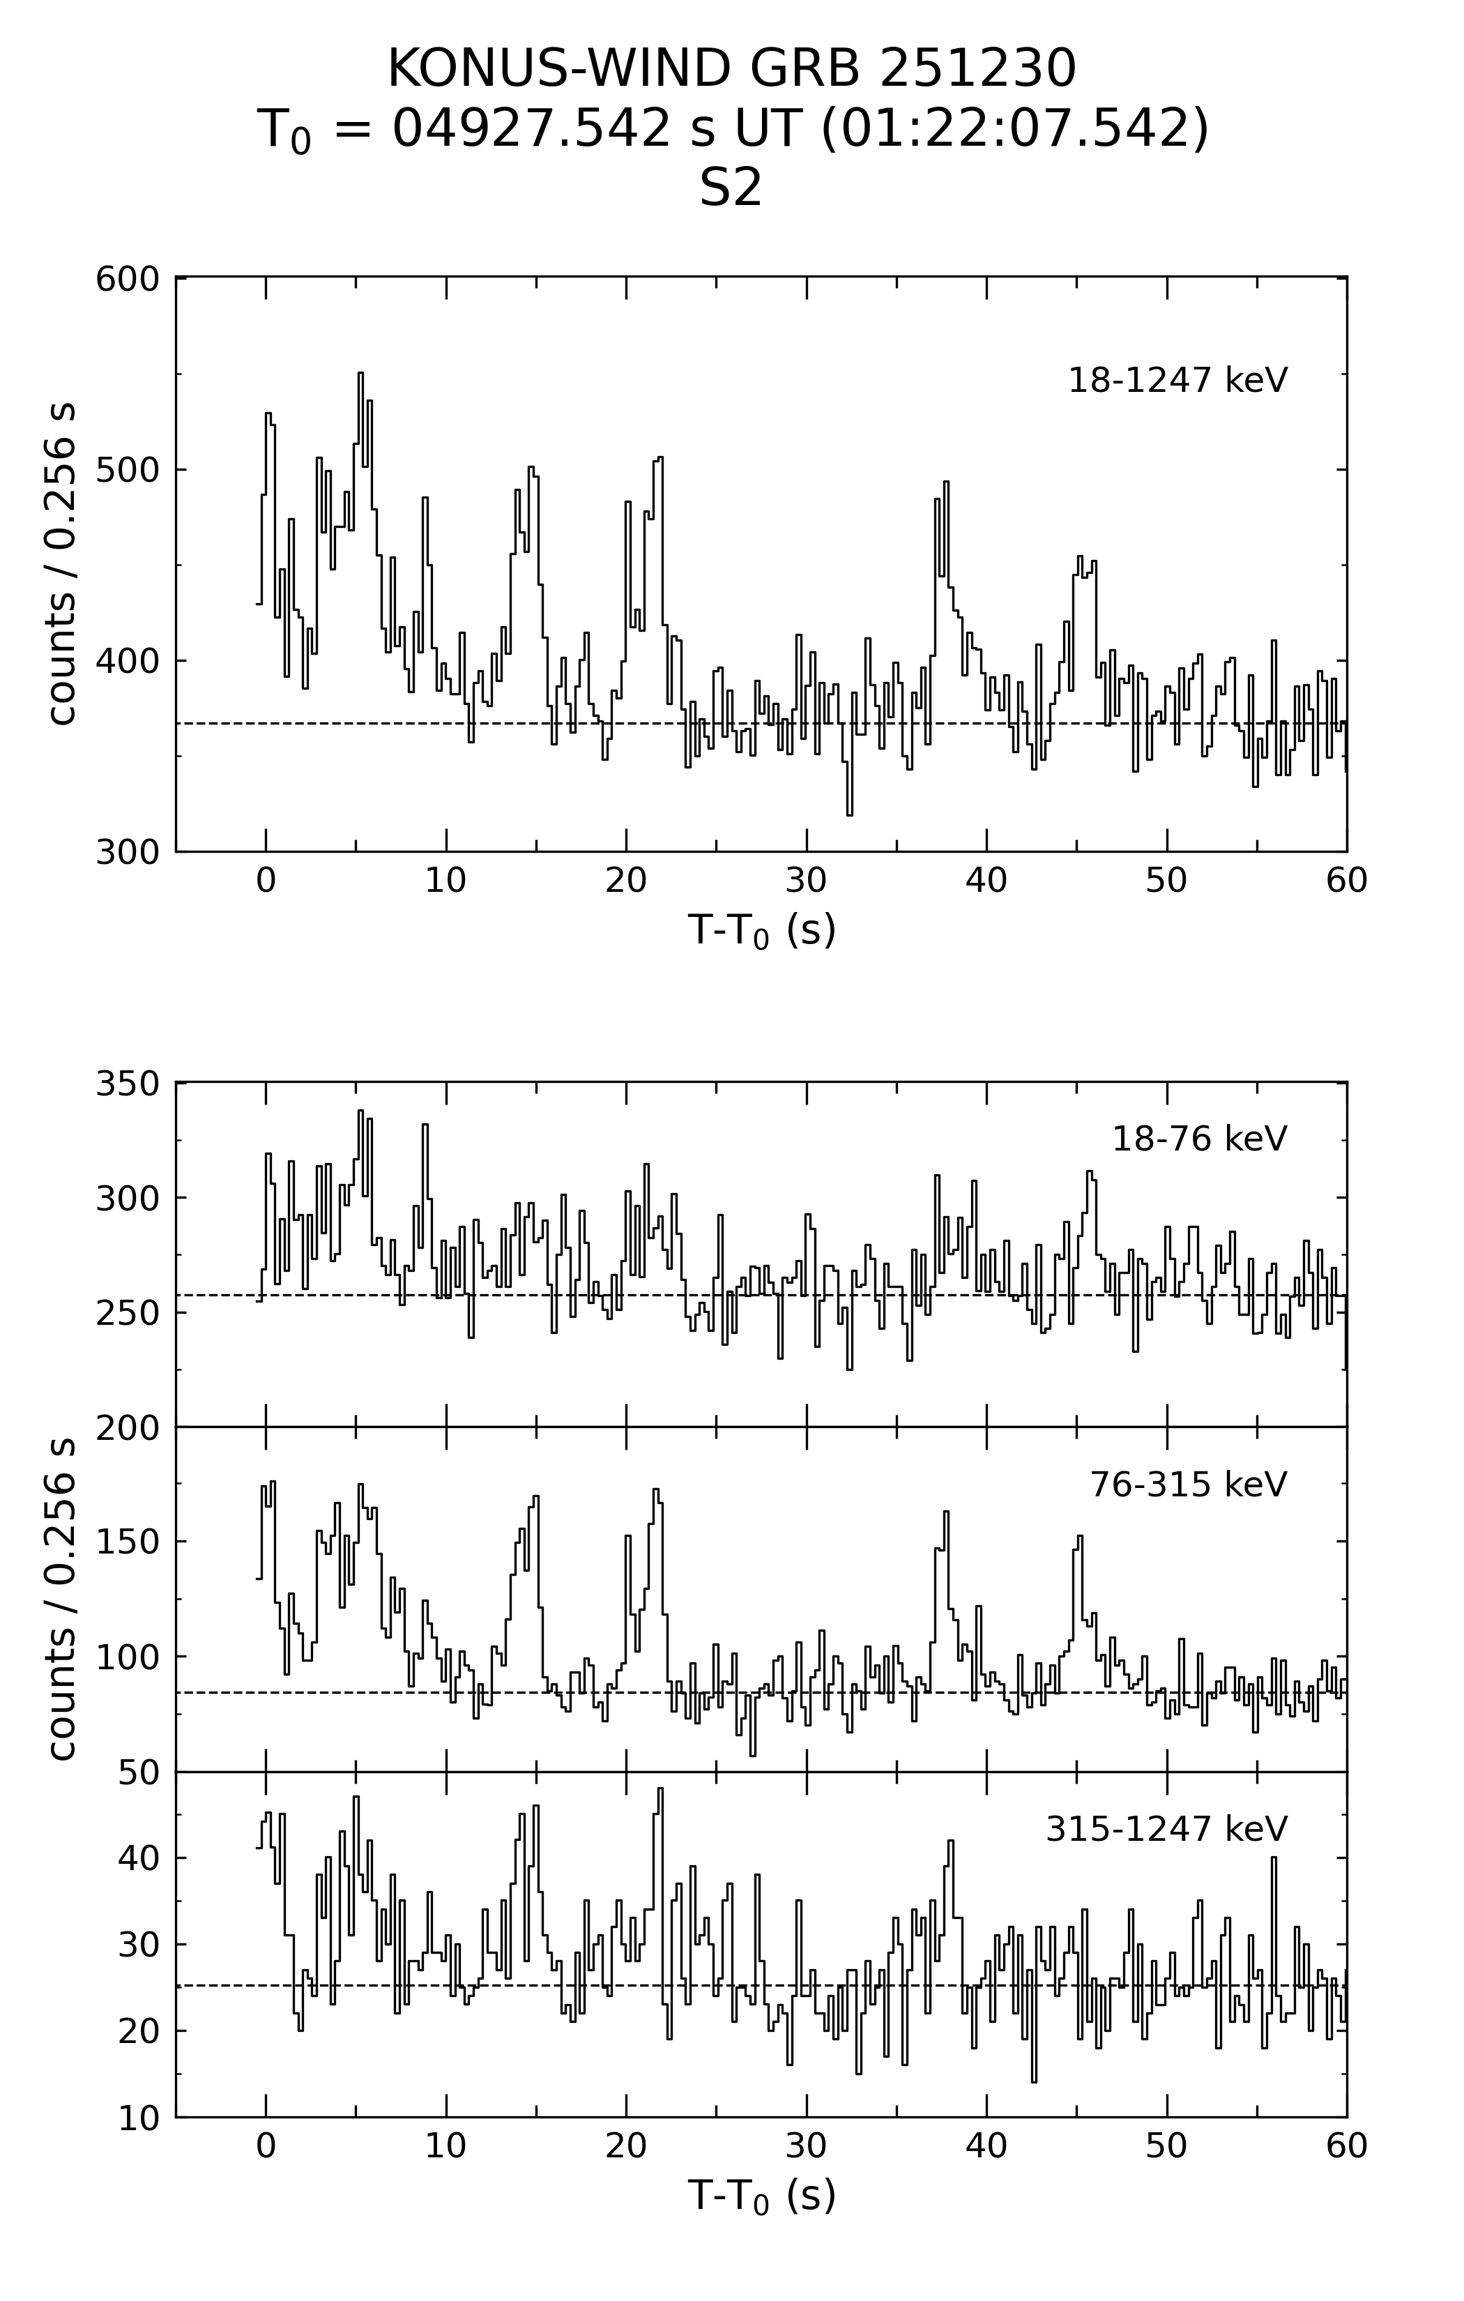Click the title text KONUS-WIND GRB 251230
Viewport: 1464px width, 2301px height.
731,69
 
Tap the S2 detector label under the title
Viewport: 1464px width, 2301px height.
731,188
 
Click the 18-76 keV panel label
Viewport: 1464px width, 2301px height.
1198,1139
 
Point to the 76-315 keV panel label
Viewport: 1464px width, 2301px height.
1188,1484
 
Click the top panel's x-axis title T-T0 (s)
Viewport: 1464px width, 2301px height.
761,929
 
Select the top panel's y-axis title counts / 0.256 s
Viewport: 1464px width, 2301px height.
61,564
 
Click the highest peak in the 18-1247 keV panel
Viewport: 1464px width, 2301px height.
360,374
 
